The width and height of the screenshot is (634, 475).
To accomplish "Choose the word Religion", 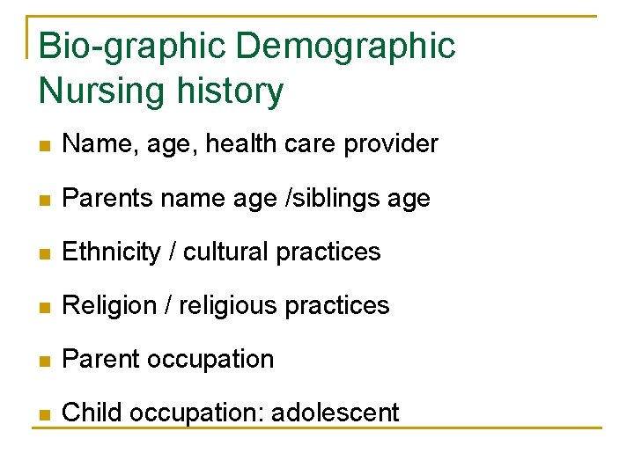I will [113, 306].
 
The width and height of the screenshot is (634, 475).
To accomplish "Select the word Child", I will [90, 413].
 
